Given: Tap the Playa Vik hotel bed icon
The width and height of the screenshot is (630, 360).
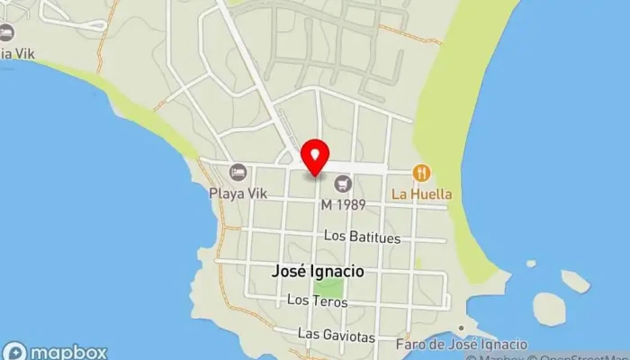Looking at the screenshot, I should click(238, 171).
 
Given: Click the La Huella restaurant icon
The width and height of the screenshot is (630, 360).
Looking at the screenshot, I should click(420, 172).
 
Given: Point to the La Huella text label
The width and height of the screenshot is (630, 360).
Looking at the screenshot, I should click(421, 193).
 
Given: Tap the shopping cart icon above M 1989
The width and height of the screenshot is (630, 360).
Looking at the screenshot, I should click(342, 184).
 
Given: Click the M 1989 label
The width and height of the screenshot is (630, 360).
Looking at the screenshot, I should click(343, 204).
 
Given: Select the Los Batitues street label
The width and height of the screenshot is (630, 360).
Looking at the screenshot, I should click(362, 238).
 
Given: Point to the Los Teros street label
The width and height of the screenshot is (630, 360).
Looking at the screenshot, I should click(317, 301).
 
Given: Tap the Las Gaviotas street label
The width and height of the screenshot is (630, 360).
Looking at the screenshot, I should click(336, 336).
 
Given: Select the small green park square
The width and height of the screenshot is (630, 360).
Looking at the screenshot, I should click(330, 287).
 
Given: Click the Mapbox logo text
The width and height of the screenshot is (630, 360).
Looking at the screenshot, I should click(67, 352).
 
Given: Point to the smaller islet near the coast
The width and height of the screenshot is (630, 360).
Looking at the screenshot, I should click(575, 282).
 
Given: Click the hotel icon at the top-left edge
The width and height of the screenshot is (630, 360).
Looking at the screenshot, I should click(5, 33).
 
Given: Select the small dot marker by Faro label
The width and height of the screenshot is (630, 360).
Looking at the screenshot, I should click(462, 328).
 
